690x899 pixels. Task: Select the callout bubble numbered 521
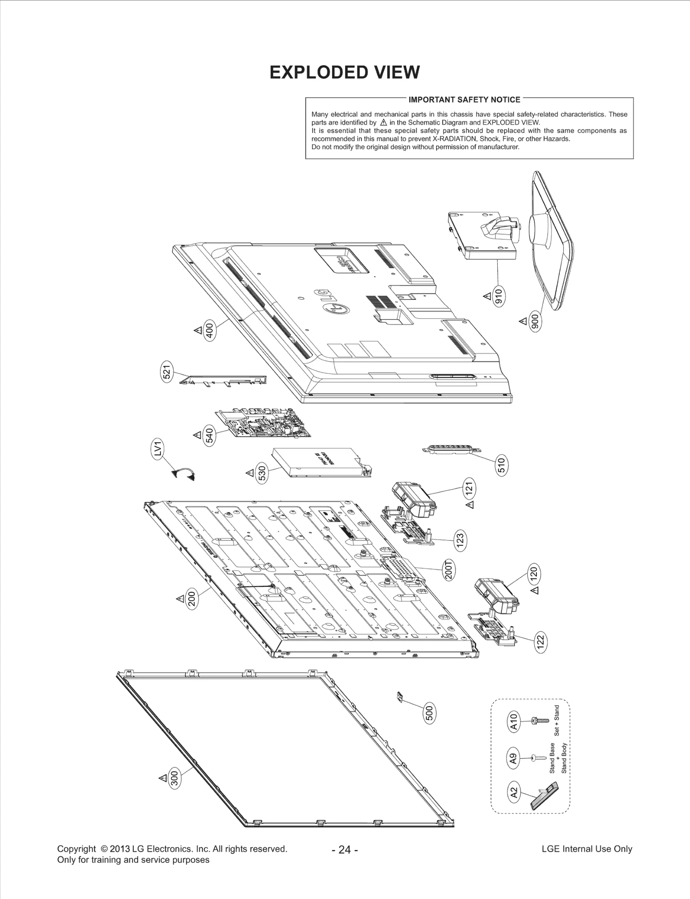point(167,371)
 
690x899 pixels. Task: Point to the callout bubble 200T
point(449,570)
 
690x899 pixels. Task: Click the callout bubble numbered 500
point(430,713)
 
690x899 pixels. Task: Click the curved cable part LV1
point(184,474)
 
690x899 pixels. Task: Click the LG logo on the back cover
point(331,302)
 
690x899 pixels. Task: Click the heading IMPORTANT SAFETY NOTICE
point(464,100)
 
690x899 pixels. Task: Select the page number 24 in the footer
point(345,849)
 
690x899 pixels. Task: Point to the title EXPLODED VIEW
point(344,72)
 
